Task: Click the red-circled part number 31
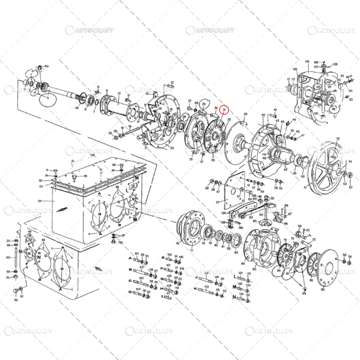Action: click(224, 110)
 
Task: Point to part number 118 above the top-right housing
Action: click(307, 62)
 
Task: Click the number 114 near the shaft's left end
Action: click(46, 66)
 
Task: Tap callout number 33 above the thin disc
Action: click(245, 114)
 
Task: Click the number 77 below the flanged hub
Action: click(191, 250)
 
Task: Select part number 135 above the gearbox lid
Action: click(93, 154)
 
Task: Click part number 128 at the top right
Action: click(335, 64)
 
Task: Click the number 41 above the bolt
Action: click(275, 111)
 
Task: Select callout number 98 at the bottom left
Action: click(15, 300)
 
